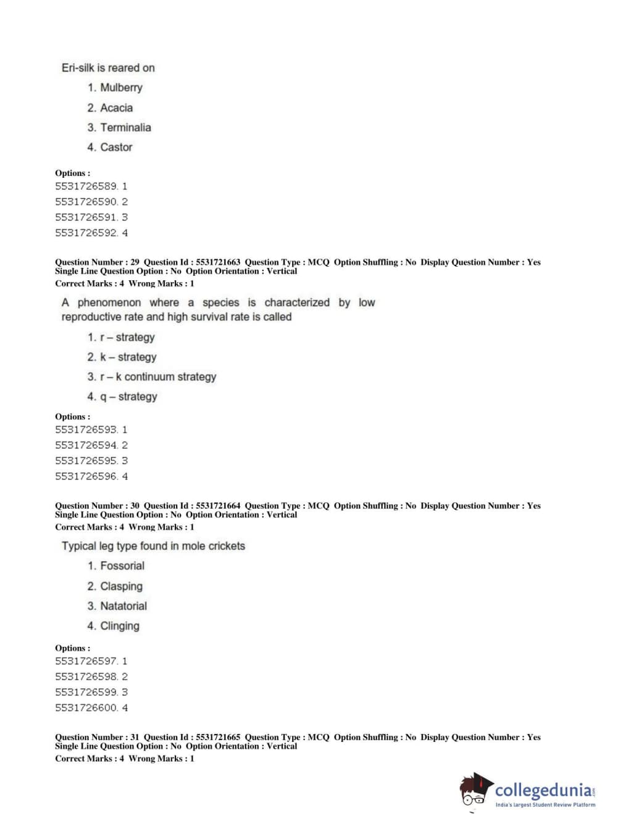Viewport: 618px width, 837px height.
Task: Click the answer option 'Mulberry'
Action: (121, 88)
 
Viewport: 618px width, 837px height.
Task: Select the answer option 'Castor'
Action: (116, 147)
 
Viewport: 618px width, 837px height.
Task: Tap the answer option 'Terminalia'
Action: (125, 127)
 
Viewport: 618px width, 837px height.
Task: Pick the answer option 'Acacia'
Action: (116, 107)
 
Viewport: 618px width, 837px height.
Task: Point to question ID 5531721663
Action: (218, 262)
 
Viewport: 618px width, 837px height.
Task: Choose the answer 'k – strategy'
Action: (128, 357)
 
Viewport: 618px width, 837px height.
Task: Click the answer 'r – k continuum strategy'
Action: (157, 377)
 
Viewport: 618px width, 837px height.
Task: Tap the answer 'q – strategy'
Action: (128, 396)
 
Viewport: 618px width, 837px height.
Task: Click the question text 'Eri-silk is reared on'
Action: (108, 68)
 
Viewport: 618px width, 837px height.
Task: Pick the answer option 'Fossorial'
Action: (122, 565)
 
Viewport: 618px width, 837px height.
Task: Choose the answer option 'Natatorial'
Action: (123, 606)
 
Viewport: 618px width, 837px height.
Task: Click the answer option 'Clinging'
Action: (120, 626)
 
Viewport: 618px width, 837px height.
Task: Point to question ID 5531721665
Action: (218, 737)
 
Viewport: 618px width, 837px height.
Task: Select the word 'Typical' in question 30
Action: (78, 546)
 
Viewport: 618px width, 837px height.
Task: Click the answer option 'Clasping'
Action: (121, 586)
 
